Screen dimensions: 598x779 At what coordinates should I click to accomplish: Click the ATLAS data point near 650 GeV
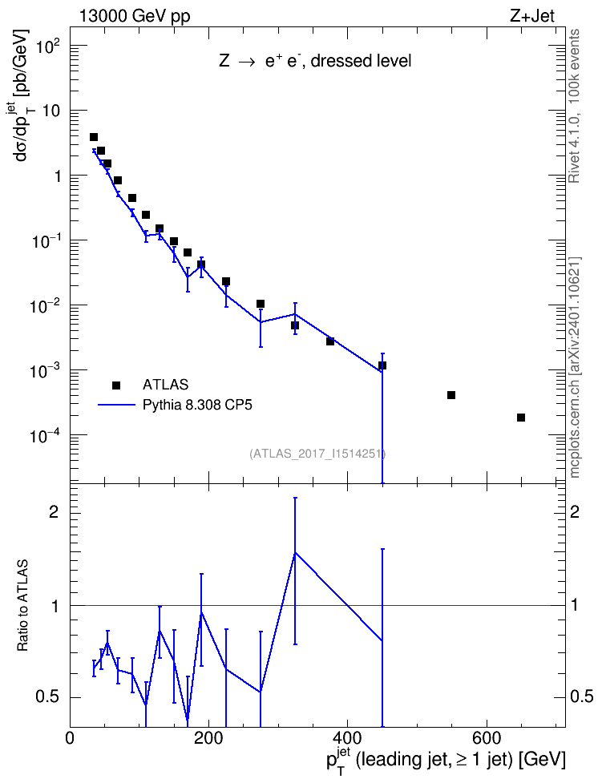[x=521, y=418]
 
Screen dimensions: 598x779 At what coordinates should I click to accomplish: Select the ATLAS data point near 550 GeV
[x=451, y=395]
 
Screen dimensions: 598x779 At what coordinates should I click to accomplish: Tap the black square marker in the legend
[x=116, y=385]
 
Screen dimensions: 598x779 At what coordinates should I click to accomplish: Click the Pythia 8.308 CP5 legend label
[x=197, y=405]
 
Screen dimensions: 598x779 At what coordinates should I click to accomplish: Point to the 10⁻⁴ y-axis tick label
[x=46, y=436]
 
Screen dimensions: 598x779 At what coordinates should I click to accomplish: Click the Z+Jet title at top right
[x=532, y=16]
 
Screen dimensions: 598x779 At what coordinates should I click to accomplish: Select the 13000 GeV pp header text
[x=135, y=16]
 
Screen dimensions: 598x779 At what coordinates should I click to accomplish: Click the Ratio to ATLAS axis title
[x=22, y=605]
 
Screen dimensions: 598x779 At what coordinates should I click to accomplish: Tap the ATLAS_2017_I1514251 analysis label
[x=317, y=453]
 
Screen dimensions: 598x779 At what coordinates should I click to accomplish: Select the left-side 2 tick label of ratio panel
[x=53, y=511]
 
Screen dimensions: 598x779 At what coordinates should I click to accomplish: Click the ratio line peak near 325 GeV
[x=295, y=552]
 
